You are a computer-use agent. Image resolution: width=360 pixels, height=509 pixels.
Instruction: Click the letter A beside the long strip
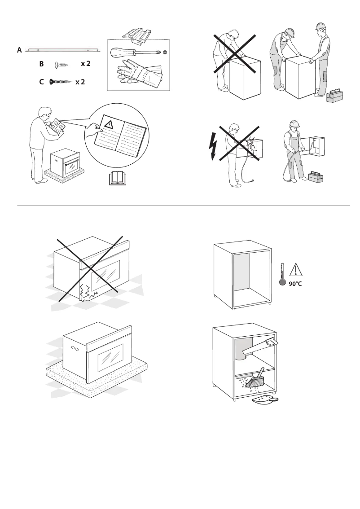pos(19,51)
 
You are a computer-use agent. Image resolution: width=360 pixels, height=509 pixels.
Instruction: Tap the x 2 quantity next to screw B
pos(86,64)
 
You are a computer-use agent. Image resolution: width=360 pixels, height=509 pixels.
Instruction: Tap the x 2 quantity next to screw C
pos(80,82)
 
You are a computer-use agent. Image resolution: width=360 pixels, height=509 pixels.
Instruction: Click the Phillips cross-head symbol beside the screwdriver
pos(165,53)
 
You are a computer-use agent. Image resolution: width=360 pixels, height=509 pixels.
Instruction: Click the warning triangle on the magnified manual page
pos(108,123)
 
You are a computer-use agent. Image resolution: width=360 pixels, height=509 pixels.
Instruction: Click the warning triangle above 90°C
pos(296,270)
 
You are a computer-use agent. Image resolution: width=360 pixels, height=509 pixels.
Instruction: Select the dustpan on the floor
pos(266,399)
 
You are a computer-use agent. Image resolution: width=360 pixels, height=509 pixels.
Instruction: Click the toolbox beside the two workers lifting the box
pos(334,96)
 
